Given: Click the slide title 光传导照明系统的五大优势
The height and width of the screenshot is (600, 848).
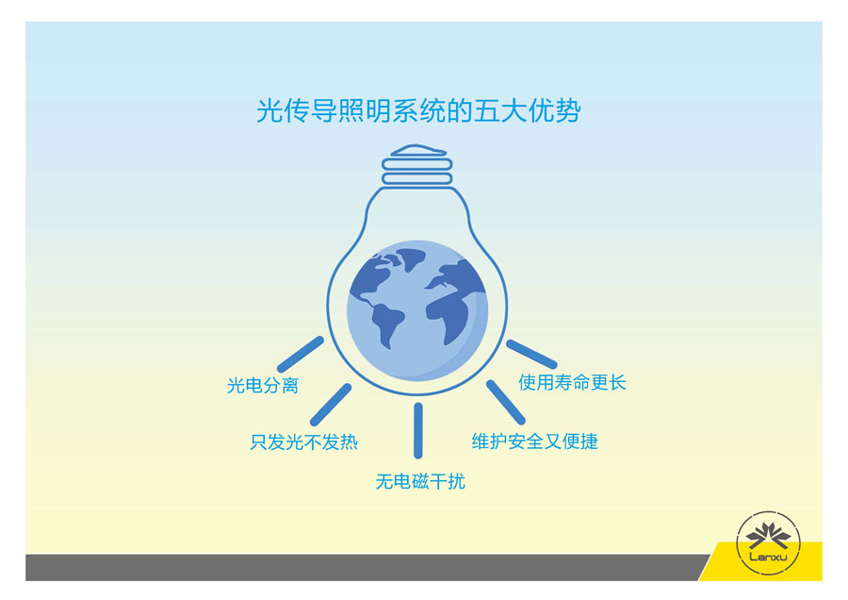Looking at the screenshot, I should [x=418, y=111].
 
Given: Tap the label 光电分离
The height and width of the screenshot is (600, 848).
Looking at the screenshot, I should [x=263, y=386].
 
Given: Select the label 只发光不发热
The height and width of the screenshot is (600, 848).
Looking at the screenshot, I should [x=303, y=442].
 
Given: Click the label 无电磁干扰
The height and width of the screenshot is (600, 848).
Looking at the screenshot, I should [x=420, y=482].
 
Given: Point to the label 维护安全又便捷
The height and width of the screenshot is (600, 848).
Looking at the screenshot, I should [x=534, y=442].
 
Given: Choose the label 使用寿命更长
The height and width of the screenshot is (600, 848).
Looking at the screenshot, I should [x=572, y=382].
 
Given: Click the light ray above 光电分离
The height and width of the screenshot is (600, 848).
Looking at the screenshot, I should [x=300, y=354].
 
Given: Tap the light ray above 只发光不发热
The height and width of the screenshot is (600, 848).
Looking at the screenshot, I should [x=331, y=404].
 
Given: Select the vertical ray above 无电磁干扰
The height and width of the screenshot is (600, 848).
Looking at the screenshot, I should [x=417, y=430].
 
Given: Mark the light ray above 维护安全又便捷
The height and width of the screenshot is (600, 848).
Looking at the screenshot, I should [x=505, y=402].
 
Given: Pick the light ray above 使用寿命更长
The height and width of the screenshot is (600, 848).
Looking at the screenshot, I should [x=531, y=354].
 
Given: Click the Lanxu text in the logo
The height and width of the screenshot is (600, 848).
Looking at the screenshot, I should [x=767, y=556].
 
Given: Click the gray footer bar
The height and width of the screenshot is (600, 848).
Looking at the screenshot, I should [x=358, y=567].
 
